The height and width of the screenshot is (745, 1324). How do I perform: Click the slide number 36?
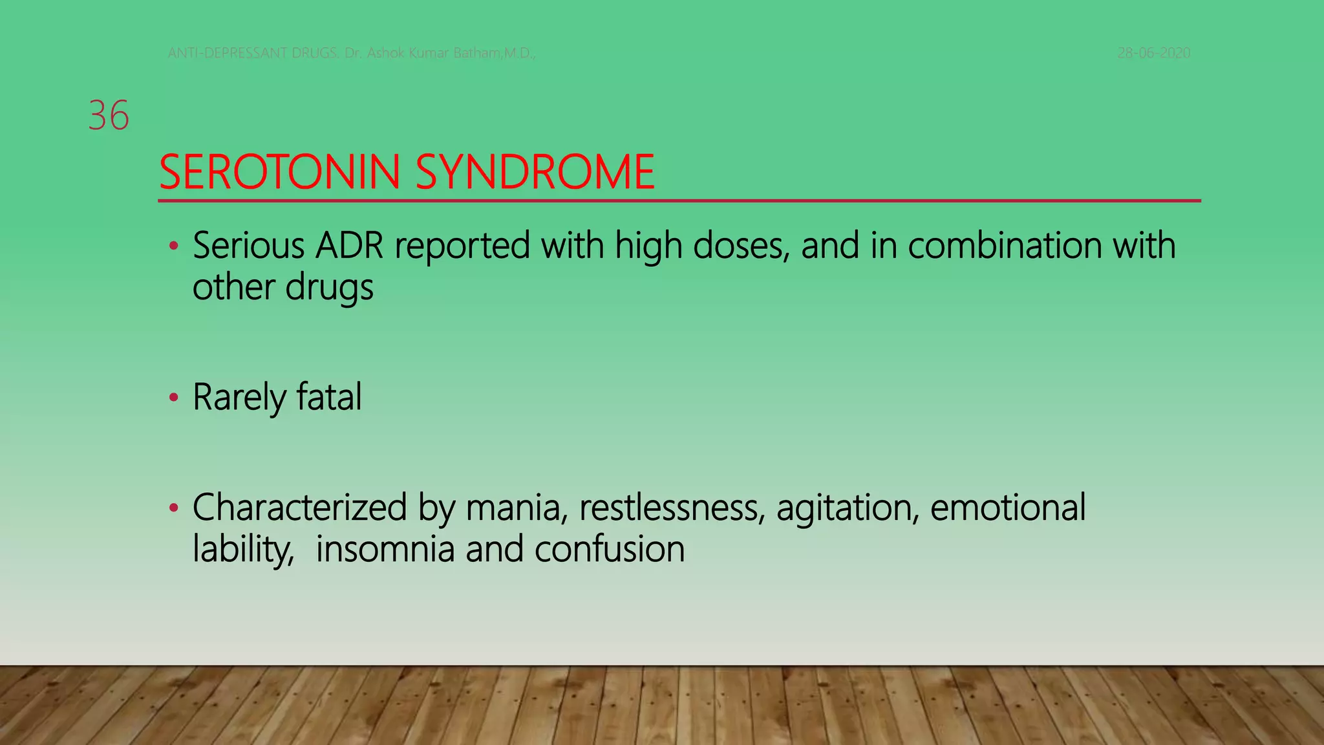109,116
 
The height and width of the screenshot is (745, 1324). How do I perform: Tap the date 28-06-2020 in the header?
1154,53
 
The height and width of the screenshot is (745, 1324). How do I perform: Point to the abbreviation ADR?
349,246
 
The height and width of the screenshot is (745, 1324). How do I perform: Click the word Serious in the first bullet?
248,246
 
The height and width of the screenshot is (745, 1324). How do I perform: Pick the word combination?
1005,246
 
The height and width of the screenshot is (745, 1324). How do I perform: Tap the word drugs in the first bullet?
329,287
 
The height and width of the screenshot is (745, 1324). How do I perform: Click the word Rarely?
239,397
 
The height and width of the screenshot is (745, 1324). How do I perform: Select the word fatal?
329,397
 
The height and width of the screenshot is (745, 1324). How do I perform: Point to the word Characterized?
299,508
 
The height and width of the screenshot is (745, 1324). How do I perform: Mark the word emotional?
1008,508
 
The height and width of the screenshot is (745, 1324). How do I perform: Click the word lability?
243,550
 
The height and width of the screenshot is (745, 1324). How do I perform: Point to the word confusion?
609,549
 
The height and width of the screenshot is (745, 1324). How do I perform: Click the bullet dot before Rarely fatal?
173,398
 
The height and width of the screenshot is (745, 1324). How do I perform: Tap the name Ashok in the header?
385,53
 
